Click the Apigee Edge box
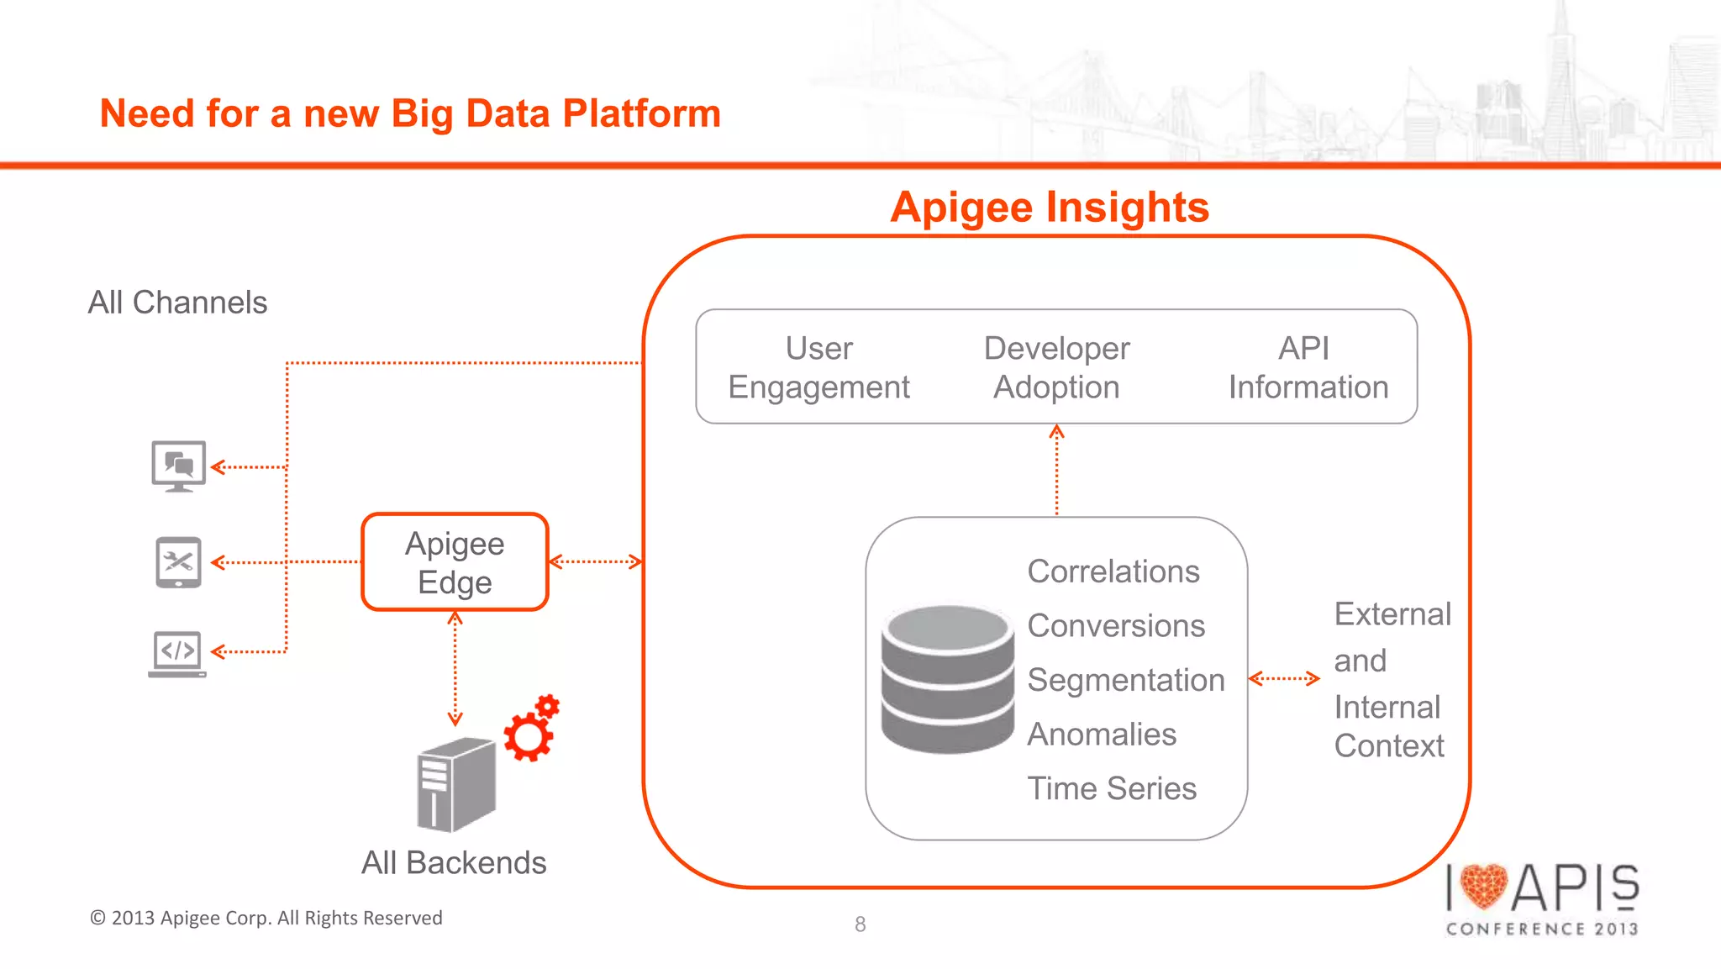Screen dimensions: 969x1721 point(455,561)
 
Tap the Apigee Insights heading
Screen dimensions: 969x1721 point(1050,207)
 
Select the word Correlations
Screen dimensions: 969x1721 point(1113,571)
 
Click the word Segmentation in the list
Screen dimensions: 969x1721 point(1125,680)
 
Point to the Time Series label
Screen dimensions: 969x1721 point(1111,788)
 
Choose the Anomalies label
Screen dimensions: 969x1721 point(1101,735)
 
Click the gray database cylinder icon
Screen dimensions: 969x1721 point(947,679)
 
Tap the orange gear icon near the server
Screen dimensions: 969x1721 point(531,729)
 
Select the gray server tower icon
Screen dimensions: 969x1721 point(455,783)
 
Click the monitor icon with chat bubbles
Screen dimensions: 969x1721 point(178,466)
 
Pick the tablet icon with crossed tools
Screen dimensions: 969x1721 point(178,562)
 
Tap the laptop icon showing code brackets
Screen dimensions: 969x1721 point(177,653)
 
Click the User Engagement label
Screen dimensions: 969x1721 point(818,367)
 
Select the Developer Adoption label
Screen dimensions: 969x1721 point(1056,367)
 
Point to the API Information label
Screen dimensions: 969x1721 point(1308,367)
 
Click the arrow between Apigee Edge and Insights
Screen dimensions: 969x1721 point(595,561)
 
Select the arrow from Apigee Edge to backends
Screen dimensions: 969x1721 point(455,669)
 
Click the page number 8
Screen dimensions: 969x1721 point(860,924)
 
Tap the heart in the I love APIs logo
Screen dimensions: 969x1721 point(1484,887)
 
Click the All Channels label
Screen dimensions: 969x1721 point(177,303)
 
